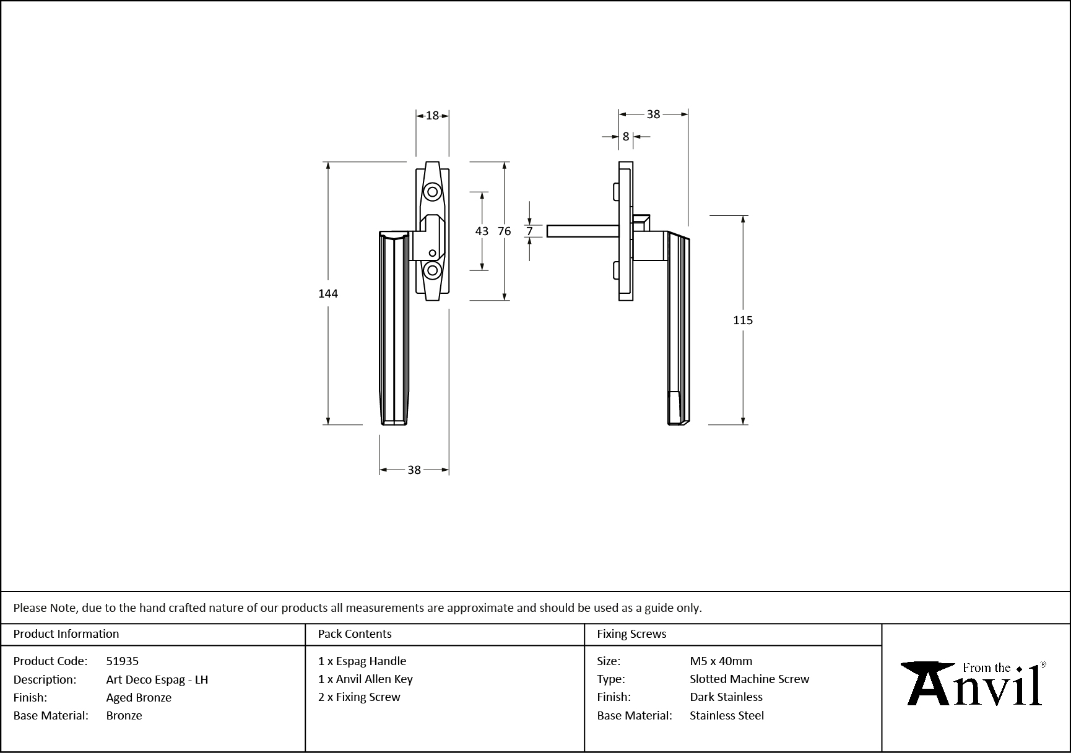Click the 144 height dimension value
tap(327, 293)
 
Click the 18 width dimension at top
tap(432, 115)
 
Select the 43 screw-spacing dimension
tap(482, 231)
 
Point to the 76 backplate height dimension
tap(505, 231)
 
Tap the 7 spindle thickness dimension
tap(530, 231)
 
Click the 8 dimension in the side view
tap(626, 137)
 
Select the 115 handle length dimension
tap(743, 320)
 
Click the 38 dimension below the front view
tap(414, 470)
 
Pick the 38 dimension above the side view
tap(653, 114)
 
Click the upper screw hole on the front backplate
tap(432, 192)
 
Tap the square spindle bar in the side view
tap(582, 231)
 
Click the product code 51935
tap(123, 661)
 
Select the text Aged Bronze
tap(139, 697)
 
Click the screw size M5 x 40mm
tap(721, 661)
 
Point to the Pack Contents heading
tap(355, 634)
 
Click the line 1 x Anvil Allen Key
tap(365, 679)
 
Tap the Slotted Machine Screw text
tap(749, 679)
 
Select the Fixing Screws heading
tap(631, 634)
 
